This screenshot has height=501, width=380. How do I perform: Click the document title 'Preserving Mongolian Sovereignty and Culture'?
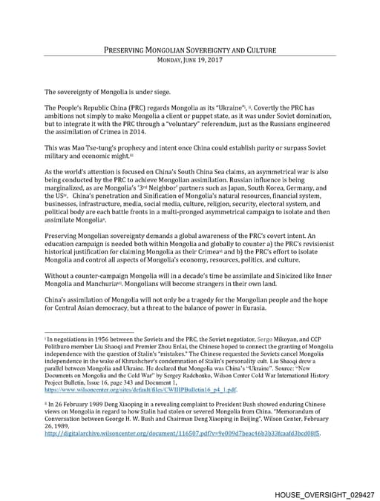[x=189, y=51]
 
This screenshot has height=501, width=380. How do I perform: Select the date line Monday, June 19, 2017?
[x=189, y=61]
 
